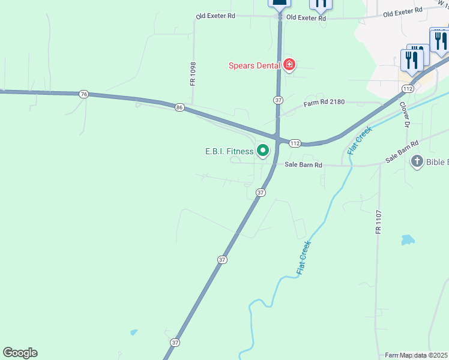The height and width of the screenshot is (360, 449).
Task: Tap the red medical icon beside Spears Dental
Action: pyautogui.click(x=289, y=65)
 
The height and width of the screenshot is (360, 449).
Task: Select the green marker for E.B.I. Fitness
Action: pyautogui.click(x=262, y=151)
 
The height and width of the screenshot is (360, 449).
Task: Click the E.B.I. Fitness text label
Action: pyautogui.click(x=229, y=151)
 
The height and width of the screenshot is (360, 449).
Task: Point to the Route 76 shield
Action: pyautogui.click(x=83, y=94)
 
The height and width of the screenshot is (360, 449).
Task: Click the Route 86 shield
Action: pyautogui.click(x=179, y=107)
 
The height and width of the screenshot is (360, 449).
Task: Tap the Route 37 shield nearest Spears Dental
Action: pyautogui.click(x=278, y=100)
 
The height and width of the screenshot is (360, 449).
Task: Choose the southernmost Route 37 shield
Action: pyautogui.click(x=175, y=343)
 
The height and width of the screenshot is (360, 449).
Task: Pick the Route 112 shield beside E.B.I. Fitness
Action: pyautogui.click(x=294, y=143)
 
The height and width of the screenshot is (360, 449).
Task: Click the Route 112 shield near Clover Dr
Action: pyautogui.click(x=408, y=89)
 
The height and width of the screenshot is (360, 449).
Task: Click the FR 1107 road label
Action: pyautogui.click(x=379, y=221)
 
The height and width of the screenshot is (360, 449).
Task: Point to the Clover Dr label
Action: pyautogui.click(x=405, y=115)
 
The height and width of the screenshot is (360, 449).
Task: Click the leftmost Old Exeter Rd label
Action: pyautogui.click(x=215, y=16)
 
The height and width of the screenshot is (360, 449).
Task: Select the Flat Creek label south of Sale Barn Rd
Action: pyautogui.click(x=304, y=258)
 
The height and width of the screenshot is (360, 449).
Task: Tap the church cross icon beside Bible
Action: pyautogui.click(x=417, y=161)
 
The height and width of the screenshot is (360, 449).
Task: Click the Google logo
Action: pyautogui.click(x=20, y=353)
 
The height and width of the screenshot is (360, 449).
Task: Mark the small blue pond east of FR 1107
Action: pyautogui.click(x=408, y=240)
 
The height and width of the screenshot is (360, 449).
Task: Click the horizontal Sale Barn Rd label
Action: pyautogui.click(x=303, y=165)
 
